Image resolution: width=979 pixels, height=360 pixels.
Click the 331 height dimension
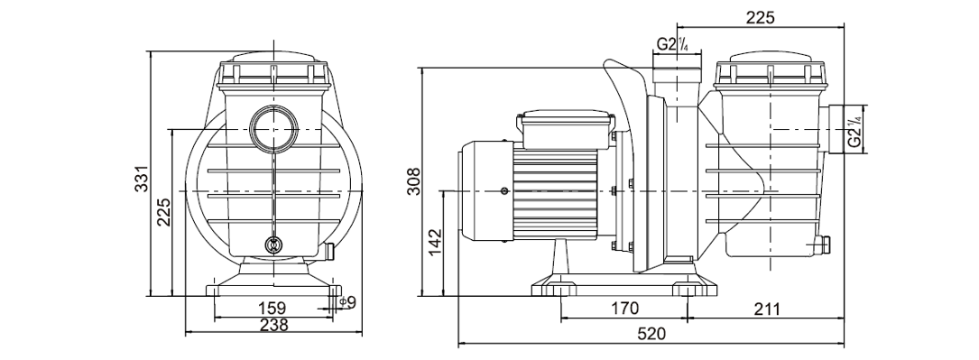pos(143,179)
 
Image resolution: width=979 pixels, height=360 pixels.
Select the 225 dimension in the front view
pos(163,212)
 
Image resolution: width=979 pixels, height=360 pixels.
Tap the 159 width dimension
pos(272,308)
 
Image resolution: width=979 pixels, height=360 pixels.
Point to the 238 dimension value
pos(274,325)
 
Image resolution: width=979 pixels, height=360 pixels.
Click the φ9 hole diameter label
pos(347,302)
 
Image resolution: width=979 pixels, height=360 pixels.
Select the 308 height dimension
pos(414,181)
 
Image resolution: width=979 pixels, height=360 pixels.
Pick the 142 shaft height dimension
pos(435,242)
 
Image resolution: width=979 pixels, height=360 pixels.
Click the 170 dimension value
pos(625,308)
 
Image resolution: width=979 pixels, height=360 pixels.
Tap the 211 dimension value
pos(766,308)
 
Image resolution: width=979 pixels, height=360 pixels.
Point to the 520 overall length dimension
pos(651,334)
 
